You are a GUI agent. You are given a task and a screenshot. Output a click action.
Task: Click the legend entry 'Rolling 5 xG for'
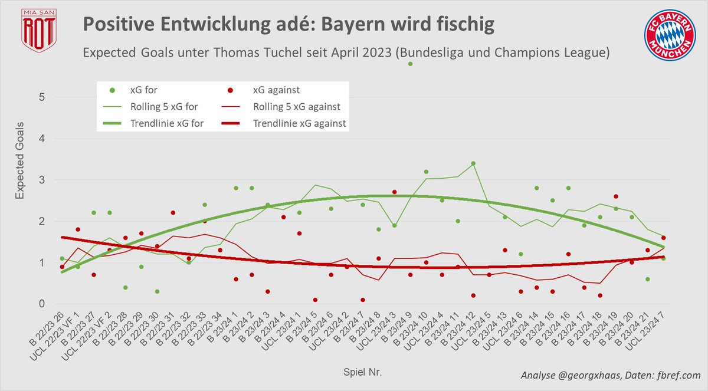tap(164, 107)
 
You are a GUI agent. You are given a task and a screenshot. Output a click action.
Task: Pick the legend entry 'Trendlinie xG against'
tap(300, 124)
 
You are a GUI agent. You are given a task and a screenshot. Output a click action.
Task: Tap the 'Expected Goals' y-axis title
tap(20, 161)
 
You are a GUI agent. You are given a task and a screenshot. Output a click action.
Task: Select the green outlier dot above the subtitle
tap(410, 63)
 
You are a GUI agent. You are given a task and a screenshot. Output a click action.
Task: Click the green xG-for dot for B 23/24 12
tap(473, 163)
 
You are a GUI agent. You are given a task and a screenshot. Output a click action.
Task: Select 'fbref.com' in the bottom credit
tap(676, 375)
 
